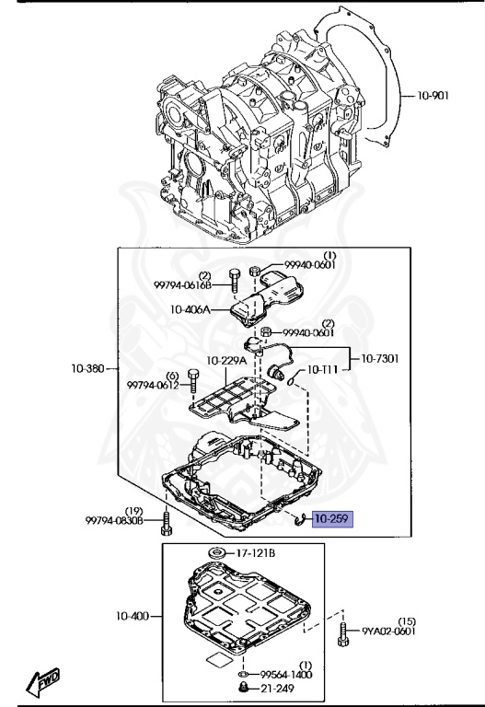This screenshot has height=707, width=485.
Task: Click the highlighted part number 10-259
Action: tap(332, 519)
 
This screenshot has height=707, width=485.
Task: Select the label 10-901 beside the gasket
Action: tap(433, 96)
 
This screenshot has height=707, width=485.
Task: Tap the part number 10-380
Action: tap(87, 368)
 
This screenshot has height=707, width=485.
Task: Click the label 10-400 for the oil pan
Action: tap(133, 616)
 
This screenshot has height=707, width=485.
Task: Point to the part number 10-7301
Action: tap(380, 359)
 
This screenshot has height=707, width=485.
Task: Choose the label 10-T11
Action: tap(322, 370)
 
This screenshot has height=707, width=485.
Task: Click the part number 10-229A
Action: tap(226, 361)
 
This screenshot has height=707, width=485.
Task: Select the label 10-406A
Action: tap(191, 309)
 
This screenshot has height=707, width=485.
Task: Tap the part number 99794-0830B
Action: tap(114, 521)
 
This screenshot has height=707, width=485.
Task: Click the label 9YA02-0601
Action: tap(388, 632)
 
